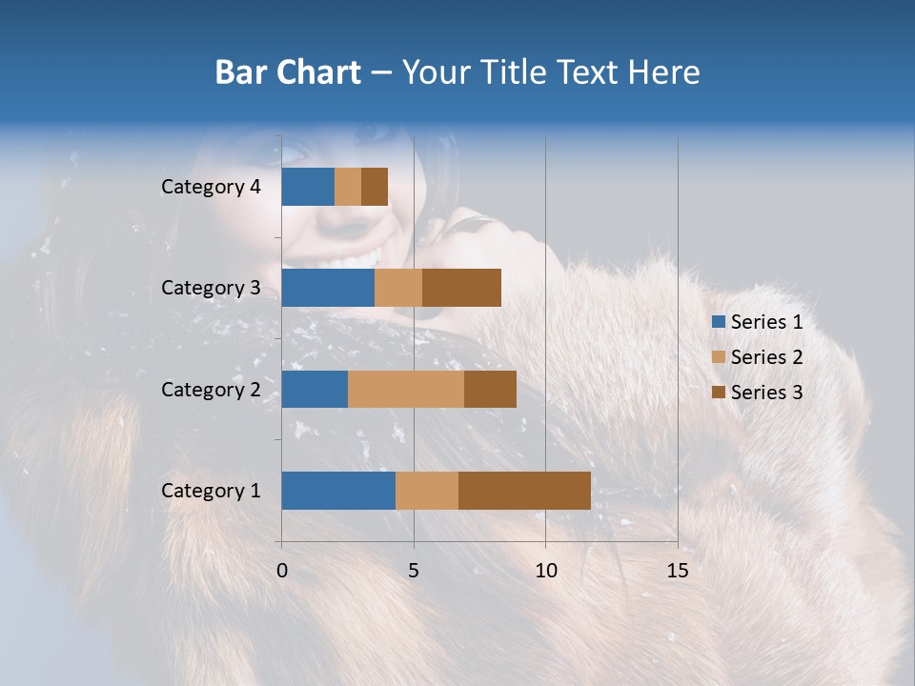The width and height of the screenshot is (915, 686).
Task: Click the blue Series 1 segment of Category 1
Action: (338, 491)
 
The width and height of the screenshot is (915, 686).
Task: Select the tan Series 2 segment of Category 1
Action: (427, 491)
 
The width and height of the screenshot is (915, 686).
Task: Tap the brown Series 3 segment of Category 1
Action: (524, 491)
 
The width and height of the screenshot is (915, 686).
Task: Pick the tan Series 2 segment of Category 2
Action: (406, 389)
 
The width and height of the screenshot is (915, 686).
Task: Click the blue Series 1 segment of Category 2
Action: (315, 389)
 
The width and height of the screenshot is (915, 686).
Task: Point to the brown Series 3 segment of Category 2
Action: (490, 389)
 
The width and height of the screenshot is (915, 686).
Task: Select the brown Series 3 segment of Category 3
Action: (461, 288)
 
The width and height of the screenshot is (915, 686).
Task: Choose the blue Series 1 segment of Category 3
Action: (328, 288)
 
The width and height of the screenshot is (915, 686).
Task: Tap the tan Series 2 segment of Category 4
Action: (348, 187)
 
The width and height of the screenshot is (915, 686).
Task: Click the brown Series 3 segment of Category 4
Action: (375, 187)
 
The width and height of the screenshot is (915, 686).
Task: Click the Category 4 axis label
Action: (211, 187)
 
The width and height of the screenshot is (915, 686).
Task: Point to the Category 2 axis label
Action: (211, 389)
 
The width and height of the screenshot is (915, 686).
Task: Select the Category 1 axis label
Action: (211, 491)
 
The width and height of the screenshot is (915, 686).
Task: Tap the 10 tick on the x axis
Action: (545, 571)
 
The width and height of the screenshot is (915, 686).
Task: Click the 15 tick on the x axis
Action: (677, 571)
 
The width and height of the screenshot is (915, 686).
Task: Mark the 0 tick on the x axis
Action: (281, 571)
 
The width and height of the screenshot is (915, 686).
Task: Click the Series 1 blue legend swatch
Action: (718, 322)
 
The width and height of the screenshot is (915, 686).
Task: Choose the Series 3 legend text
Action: (766, 392)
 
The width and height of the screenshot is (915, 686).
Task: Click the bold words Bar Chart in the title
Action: (288, 72)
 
